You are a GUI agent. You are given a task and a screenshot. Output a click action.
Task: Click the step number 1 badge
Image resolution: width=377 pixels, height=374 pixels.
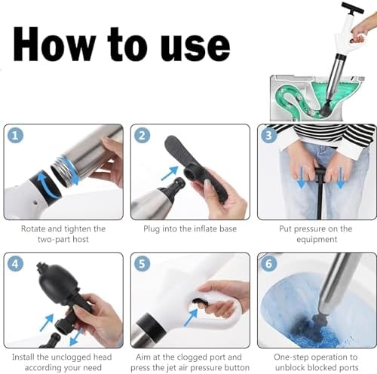pyautogui.click(x=15, y=136)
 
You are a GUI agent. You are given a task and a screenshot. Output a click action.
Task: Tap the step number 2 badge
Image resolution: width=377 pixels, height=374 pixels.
pyautogui.click(x=142, y=136)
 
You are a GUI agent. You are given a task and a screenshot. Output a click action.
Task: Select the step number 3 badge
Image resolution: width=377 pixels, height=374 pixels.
pyautogui.click(x=268, y=136)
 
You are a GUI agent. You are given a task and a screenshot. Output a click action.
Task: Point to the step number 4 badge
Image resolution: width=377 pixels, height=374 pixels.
pyautogui.click(x=15, y=264)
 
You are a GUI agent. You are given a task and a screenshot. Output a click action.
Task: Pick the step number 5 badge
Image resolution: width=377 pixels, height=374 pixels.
pyautogui.click(x=142, y=264)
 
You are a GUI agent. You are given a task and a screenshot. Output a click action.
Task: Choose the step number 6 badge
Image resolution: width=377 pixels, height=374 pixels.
pyautogui.click(x=268, y=264)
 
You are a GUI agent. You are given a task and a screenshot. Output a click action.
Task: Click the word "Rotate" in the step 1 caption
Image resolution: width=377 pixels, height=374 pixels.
pyautogui.click(x=33, y=228)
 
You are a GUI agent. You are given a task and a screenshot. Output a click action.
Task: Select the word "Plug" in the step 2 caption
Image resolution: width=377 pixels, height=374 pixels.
pyautogui.click(x=152, y=229)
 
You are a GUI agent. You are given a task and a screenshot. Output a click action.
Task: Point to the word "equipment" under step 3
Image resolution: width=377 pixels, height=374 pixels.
pyautogui.click(x=317, y=240)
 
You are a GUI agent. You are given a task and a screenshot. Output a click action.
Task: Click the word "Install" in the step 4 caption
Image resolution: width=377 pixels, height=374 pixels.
pyautogui.click(x=23, y=357)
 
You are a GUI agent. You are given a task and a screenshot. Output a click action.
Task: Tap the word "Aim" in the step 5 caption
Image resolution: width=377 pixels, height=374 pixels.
pyautogui.click(x=143, y=357)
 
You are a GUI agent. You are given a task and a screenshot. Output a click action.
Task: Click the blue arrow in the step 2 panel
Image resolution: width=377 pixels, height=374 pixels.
pyautogui.click(x=170, y=173)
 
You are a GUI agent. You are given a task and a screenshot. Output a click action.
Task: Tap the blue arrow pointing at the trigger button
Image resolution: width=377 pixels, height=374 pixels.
pyautogui.click(x=191, y=317)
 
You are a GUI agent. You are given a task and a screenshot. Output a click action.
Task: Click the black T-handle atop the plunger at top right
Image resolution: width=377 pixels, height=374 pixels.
pyautogui.click(x=352, y=8)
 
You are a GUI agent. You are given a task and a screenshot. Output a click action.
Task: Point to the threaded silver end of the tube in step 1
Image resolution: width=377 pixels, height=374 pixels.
pyautogui.click(x=64, y=171)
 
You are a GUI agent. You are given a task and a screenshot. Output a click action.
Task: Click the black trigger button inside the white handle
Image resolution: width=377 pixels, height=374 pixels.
pyautogui.click(x=200, y=301)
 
